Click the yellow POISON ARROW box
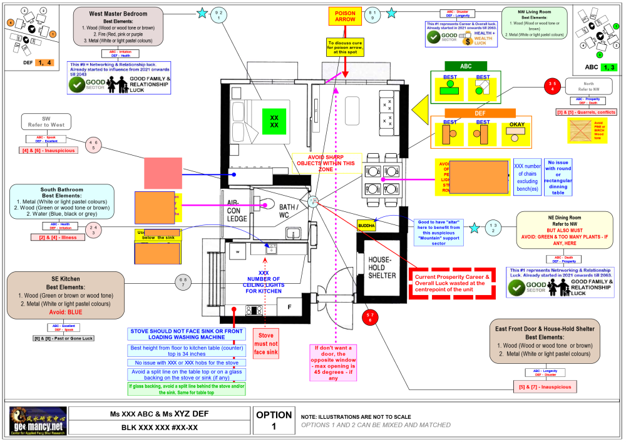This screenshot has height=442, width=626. (345, 16)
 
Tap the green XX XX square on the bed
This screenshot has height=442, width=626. (274, 121)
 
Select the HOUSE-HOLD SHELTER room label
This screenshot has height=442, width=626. (381, 267)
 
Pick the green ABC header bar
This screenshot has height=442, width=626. (466, 66)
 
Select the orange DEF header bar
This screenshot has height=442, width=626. (480, 113)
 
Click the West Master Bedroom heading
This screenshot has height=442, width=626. (118, 14)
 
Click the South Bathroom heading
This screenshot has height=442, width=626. (61, 190)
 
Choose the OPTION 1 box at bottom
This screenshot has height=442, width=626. (273, 420)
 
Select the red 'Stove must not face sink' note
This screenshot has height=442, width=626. (266, 343)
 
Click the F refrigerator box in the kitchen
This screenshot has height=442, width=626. (289, 307)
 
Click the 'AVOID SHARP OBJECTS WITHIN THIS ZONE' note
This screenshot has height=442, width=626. (326, 163)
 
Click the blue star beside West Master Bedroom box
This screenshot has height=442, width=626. (202, 13)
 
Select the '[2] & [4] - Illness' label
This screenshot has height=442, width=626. (58, 237)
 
